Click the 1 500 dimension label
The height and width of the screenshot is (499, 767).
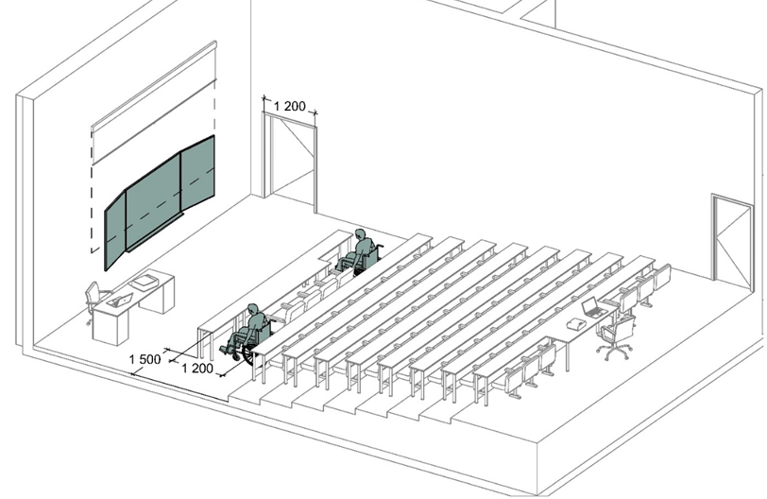[x=145, y=359]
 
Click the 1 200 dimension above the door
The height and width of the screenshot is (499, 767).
[x=289, y=106]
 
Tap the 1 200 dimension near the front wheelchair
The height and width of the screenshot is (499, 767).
[x=197, y=369]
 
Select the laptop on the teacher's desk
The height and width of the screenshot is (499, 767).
[x=119, y=300]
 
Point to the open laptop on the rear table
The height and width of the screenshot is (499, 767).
[x=593, y=307]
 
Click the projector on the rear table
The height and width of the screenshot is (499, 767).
[x=577, y=323]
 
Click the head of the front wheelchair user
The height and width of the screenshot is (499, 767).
[x=252, y=310]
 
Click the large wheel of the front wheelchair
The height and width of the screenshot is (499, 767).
[x=249, y=353]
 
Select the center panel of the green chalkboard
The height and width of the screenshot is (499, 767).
[x=154, y=201]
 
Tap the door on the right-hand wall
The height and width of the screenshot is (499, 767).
[x=732, y=240]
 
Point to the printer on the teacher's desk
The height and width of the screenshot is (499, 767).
[x=145, y=282]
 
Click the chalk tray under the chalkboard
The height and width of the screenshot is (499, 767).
[x=155, y=232]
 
